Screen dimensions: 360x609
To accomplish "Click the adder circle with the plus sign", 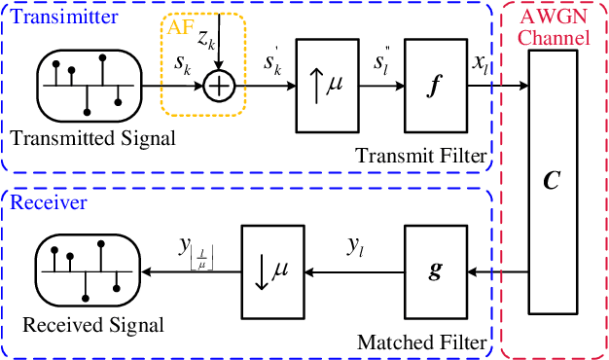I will click(x=220, y=88).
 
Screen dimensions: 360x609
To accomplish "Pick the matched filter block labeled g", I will click(x=436, y=270).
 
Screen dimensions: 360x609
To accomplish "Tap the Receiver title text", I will click(x=38, y=203).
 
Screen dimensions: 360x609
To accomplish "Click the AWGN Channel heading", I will click(x=553, y=29).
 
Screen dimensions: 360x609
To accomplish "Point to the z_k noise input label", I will click(x=207, y=39).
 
